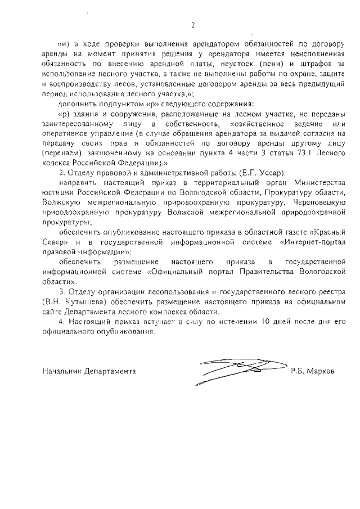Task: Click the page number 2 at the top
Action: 192,25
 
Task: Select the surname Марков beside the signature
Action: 321,372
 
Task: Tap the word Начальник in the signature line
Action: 62,372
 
